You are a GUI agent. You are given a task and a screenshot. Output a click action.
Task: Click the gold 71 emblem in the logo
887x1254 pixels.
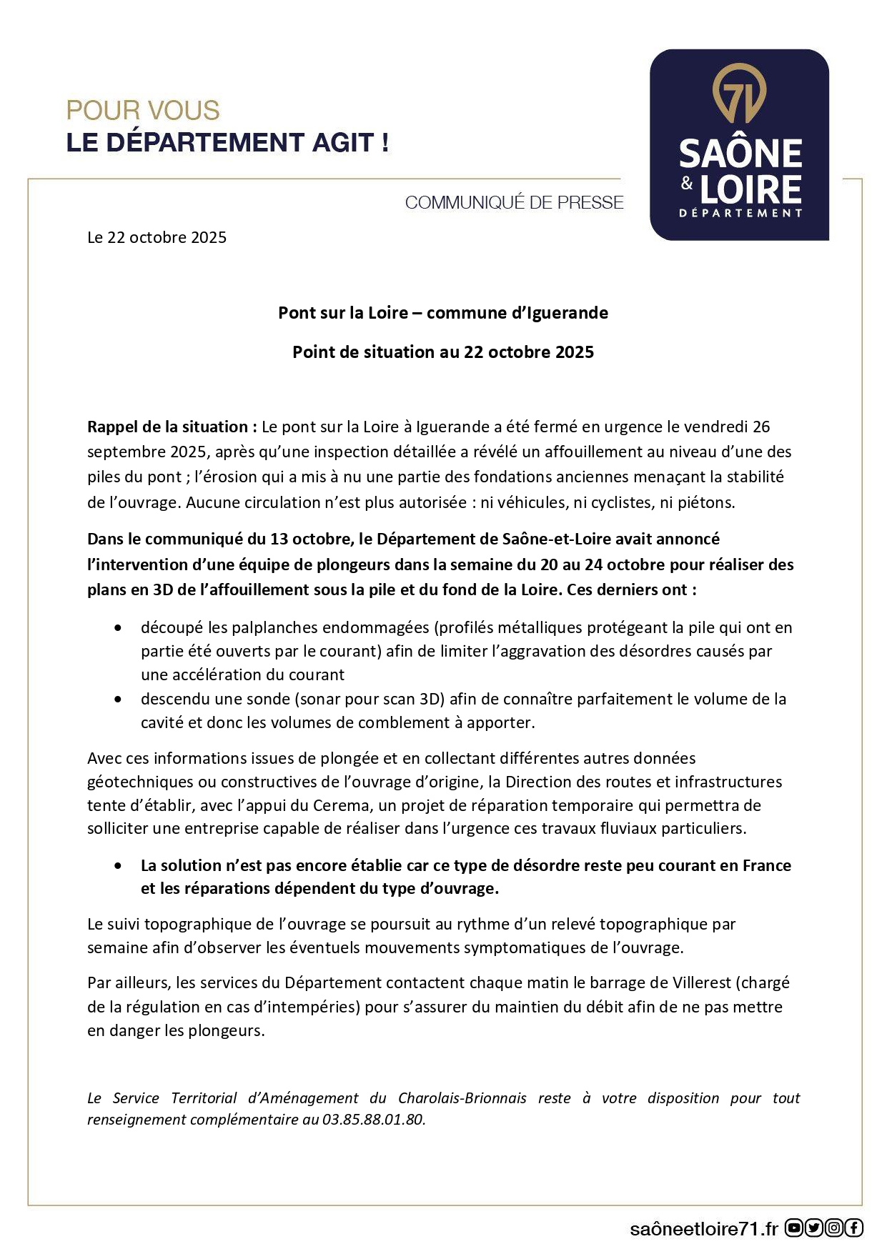tap(739, 94)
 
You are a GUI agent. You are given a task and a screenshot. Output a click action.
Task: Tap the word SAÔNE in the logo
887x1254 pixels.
tap(740, 154)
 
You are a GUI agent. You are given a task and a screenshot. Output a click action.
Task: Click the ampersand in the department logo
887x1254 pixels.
tap(687, 184)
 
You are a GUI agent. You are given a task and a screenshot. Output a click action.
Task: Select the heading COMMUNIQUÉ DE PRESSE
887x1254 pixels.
tap(514, 203)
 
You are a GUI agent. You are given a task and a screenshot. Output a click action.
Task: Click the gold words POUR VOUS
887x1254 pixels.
tap(143, 111)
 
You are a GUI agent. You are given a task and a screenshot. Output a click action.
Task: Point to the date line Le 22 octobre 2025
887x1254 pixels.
tap(157, 237)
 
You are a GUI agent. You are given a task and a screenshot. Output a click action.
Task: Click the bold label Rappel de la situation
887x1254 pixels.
tap(172, 427)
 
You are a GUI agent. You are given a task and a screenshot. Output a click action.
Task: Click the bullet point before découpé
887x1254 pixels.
tap(118, 627)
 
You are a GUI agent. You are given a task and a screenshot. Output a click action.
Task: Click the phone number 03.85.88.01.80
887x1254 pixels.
tap(373, 1119)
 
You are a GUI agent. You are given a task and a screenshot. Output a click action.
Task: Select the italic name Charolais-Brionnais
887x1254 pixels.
tap(462, 1098)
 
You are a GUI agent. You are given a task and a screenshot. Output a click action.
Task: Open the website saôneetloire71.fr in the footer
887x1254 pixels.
tap(703, 1228)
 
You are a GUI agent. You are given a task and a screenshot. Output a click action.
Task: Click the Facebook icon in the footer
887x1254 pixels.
tap(854, 1228)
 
